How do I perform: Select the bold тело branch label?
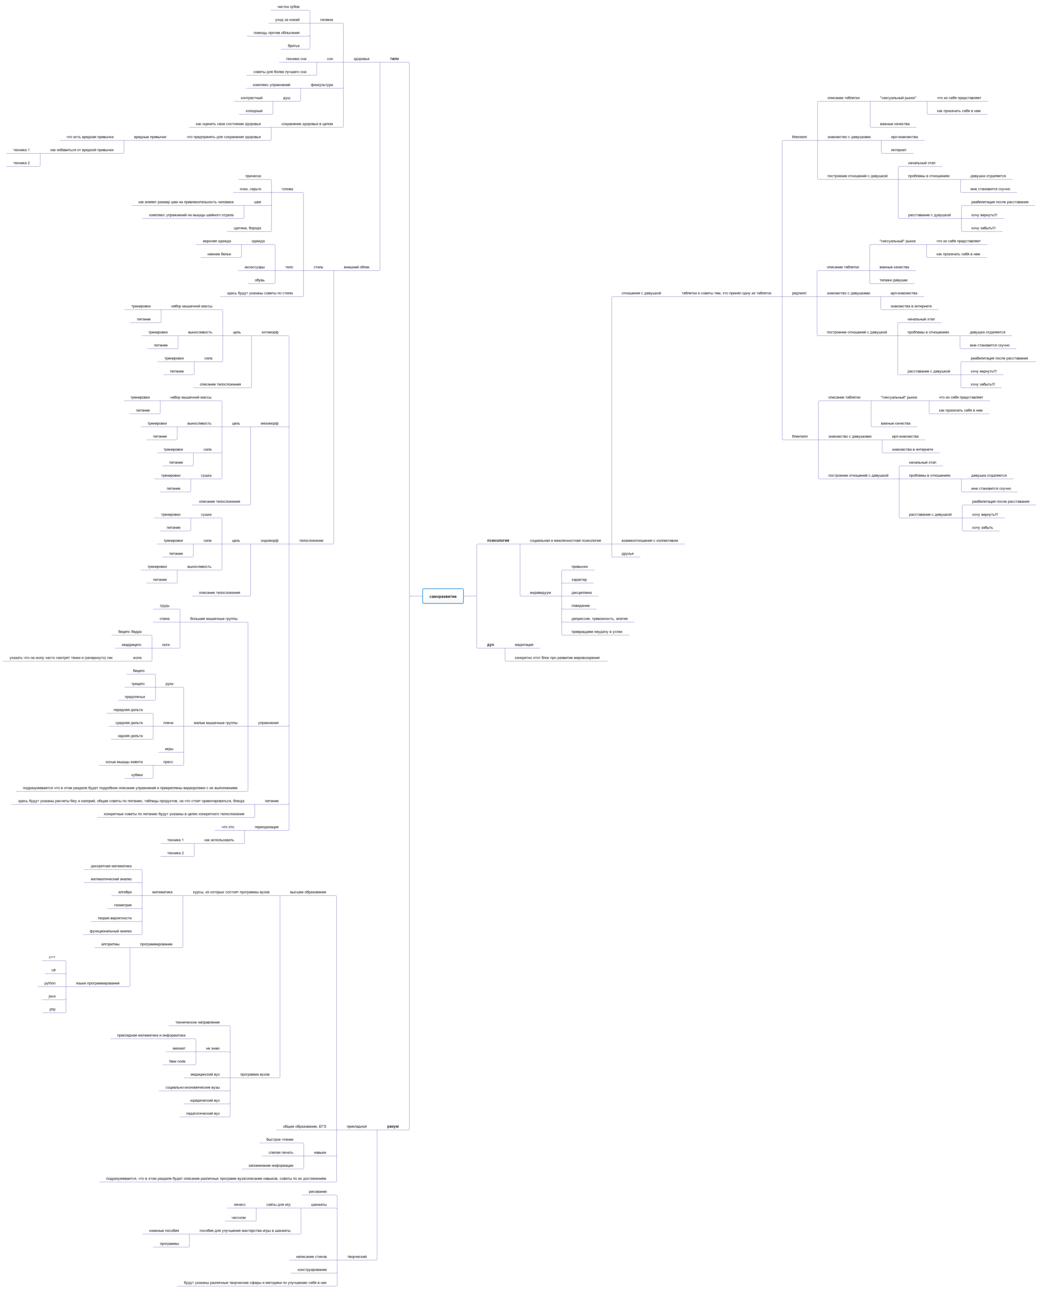coord(394,59)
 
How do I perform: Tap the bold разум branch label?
coord(393,1126)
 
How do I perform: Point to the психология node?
coord(498,540)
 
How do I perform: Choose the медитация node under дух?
coord(524,644)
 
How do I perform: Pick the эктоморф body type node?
coord(269,332)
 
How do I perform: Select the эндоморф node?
coord(269,540)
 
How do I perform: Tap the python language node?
coord(50,983)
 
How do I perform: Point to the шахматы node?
coord(318,1205)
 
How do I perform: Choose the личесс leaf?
coord(240,1205)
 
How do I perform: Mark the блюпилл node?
coord(799,137)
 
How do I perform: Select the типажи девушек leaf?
coord(893,280)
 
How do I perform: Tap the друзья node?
coord(627,554)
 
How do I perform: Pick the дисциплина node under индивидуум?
coord(581,592)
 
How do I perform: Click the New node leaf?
coord(177,1061)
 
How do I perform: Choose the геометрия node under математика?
coord(123,905)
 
